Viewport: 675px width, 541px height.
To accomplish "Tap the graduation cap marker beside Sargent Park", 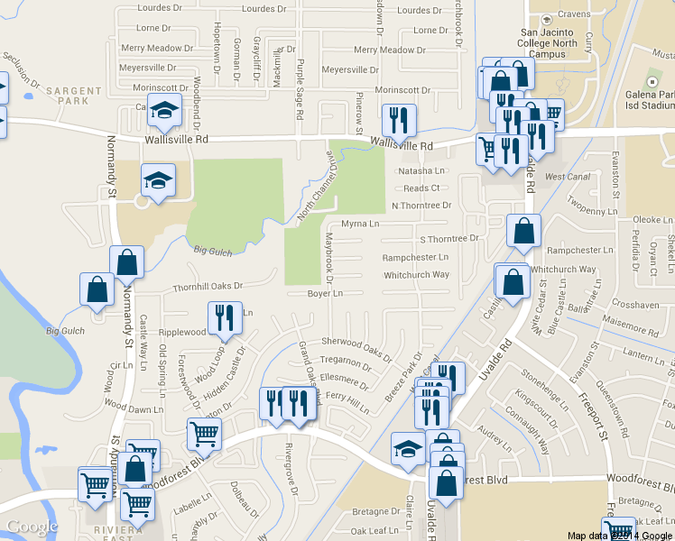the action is pyautogui.click(x=164, y=112).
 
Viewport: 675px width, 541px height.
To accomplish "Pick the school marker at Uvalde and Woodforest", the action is pyautogui.click(x=408, y=449).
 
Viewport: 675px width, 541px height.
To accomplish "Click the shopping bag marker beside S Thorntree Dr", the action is pyautogui.click(x=523, y=233).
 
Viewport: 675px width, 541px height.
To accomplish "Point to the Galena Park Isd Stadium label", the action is pyautogui.click(x=636, y=97).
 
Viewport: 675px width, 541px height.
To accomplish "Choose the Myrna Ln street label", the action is pyautogui.click(x=360, y=224).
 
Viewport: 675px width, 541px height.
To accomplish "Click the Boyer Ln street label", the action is pyautogui.click(x=325, y=294).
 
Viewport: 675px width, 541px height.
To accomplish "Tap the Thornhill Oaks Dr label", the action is pyautogui.click(x=208, y=286).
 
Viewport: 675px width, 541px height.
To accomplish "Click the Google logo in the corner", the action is pyautogui.click(x=32, y=527).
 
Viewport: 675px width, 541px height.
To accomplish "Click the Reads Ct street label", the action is pyautogui.click(x=421, y=188).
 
